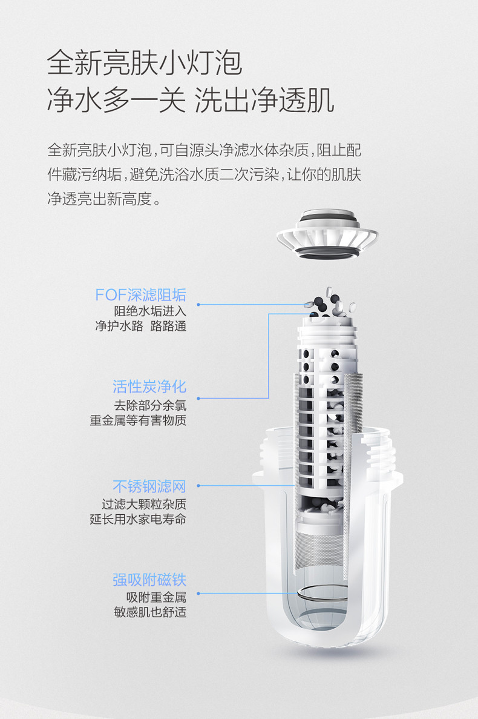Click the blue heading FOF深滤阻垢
coord(140,295)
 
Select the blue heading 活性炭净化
coord(149,386)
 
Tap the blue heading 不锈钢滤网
coord(149,486)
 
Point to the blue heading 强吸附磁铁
coord(149,580)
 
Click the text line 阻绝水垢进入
coord(150,311)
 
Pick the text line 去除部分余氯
coord(150,405)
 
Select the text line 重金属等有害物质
coord(138,420)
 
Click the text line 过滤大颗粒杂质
coord(144,505)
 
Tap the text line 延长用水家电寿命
coord(138,520)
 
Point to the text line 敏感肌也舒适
coord(150,612)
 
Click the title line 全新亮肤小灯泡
coord(144,63)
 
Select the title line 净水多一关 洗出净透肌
coord(191,100)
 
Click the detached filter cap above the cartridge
coord(327,234)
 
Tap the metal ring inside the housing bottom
coord(322,594)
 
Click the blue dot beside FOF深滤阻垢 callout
coord(198,305)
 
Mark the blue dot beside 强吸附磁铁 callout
coord(198,594)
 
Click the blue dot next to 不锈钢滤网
coord(198,486)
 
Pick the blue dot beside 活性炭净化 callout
coord(198,399)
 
